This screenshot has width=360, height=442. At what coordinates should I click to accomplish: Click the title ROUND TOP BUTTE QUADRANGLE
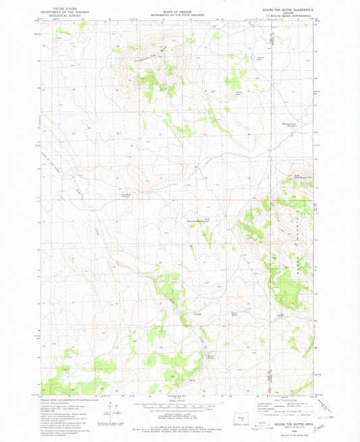coord(283,9)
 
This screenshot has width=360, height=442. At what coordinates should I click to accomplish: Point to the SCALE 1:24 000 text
coord(179,401)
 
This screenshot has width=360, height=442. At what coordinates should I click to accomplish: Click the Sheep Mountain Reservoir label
coord(203,220)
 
